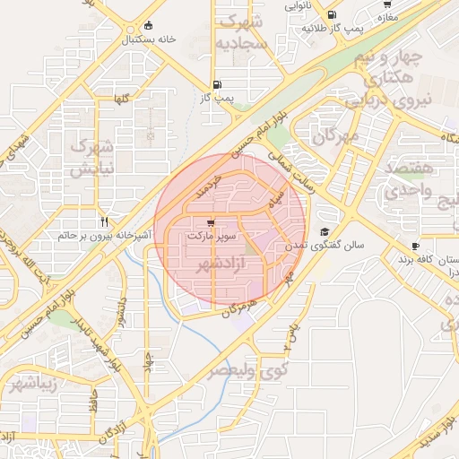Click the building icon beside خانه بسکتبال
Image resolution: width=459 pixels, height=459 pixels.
pos(147,25)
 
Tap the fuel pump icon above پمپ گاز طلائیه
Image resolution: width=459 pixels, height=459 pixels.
pos(333,15)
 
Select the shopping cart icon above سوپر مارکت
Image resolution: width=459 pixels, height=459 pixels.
pos(210,223)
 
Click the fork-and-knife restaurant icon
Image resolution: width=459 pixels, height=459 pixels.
pos(105,221)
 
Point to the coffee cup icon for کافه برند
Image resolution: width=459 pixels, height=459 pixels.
pos(415,246)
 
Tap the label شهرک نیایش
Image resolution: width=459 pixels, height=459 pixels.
pos(91,157)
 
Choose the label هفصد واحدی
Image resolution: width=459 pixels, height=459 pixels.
pos(408,180)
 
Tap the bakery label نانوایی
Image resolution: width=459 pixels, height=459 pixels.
pos(299,4)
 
